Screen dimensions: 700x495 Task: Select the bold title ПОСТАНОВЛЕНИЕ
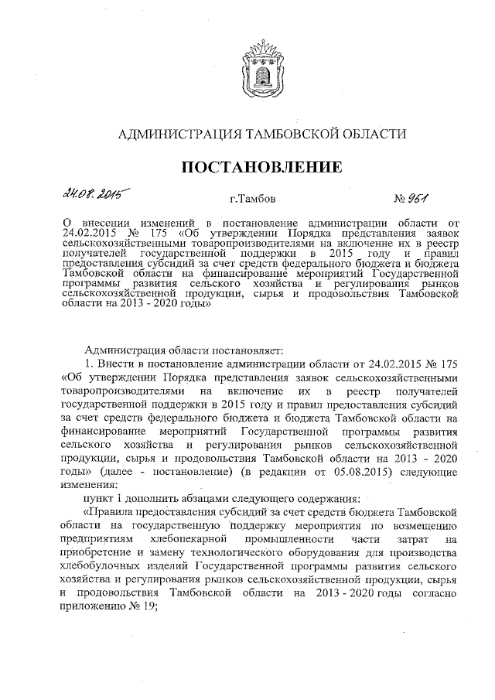coord(261,167)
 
